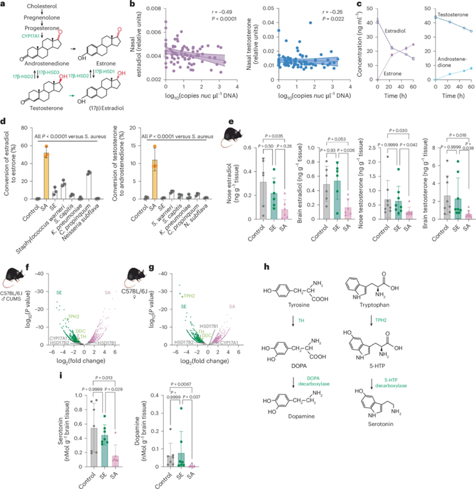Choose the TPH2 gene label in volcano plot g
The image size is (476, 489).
(188, 260)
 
